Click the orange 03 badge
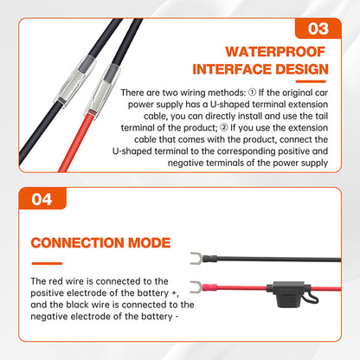[318, 29]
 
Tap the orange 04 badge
[42, 199]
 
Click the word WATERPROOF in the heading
[275, 52]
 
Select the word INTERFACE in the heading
[232, 69]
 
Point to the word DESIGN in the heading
[302, 69]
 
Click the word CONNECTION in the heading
[77, 243]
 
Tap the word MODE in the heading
[150, 243]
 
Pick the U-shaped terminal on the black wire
[196, 258]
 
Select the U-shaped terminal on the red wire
[196, 287]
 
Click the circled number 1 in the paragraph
[252, 93]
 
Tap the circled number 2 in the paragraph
[224, 127]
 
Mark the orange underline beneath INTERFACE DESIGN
[311, 81]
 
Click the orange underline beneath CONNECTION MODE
[47, 263]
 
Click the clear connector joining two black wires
[75, 80]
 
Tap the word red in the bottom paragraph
[56, 281]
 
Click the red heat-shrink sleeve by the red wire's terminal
[209, 287]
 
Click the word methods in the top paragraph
[227, 93]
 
